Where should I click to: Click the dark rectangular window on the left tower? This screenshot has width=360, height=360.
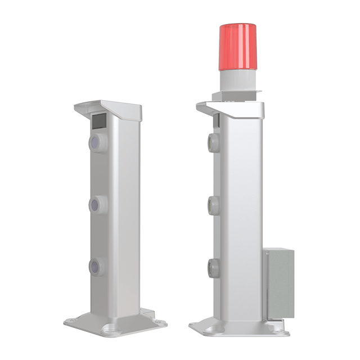click(99, 121)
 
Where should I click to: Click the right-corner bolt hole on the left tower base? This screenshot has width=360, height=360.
click(161, 322)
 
